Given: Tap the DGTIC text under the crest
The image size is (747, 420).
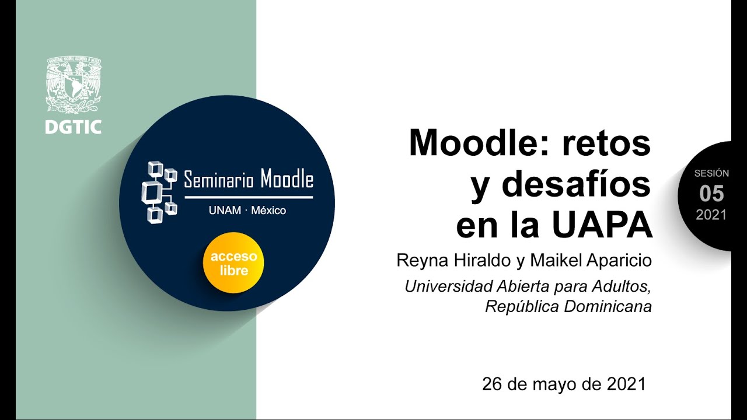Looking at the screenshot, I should click(74, 127).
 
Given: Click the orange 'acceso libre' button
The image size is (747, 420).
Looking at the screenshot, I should click(233, 264).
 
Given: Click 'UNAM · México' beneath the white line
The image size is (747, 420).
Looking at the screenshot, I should click(247, 211).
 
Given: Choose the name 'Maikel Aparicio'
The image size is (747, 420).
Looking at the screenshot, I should click(591, 260).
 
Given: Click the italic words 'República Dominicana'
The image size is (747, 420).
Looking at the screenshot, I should click(568, 307).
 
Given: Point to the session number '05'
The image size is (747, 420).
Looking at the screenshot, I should click(711, 194).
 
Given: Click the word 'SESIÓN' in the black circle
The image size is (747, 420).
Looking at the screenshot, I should click(711, 173).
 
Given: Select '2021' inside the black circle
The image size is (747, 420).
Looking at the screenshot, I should click(711, 215).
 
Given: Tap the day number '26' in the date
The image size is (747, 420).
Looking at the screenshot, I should click(491, 384).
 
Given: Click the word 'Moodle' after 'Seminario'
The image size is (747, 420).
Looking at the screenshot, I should click(287, 180).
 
